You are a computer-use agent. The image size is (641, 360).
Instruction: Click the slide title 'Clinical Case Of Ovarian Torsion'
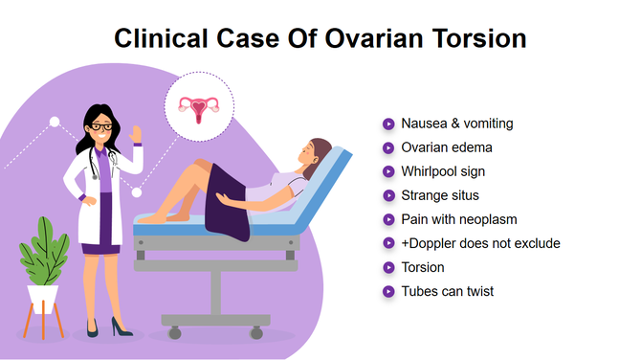pyautogui.click(x=320, y=38)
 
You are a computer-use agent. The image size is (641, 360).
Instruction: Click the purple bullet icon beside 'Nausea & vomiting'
pyautogui.click(x=388, y=124)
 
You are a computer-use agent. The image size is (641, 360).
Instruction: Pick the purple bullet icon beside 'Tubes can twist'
pyautogui.click(x=388, y=291)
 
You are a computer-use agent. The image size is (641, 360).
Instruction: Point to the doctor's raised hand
pyautogui.click(x=137, y=131)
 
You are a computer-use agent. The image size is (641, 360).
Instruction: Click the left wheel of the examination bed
pyautogui.click(x=175, y=333)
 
